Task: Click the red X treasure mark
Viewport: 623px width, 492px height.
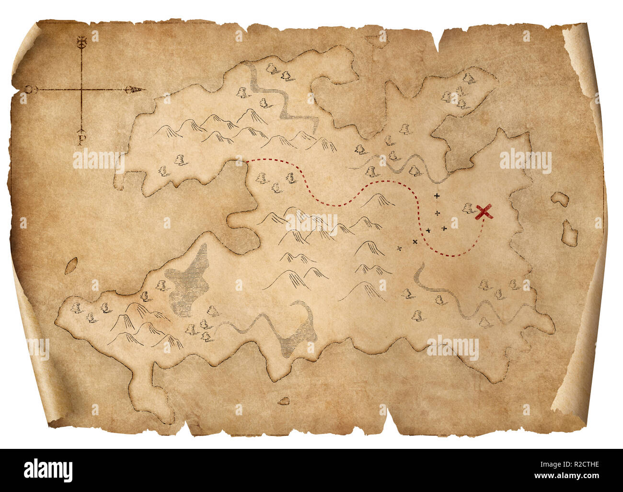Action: (485, 211)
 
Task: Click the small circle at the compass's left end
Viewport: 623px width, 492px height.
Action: (29, 90)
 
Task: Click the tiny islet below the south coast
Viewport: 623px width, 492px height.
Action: (284, 400)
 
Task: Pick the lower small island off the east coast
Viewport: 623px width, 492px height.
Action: (569, 231)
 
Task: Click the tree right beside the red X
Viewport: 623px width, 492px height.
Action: (468, 208)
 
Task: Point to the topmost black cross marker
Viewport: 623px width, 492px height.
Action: (436, 196)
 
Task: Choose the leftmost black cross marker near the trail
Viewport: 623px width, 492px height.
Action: (399, 248)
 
